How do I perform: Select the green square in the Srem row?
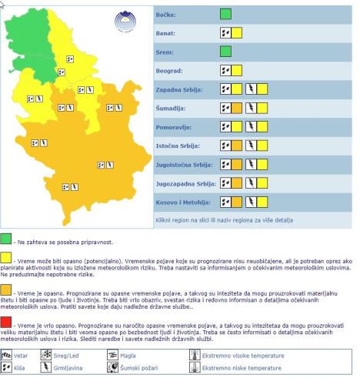coord(225,52)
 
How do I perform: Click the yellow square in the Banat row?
coord(237,33)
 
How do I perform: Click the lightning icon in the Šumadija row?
coord(251,108)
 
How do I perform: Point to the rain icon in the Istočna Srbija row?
coord(225,146)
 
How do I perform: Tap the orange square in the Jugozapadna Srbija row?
coord(237,183)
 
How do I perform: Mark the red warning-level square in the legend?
coord(7,322)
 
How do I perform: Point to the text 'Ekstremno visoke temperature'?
coord(238,355)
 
